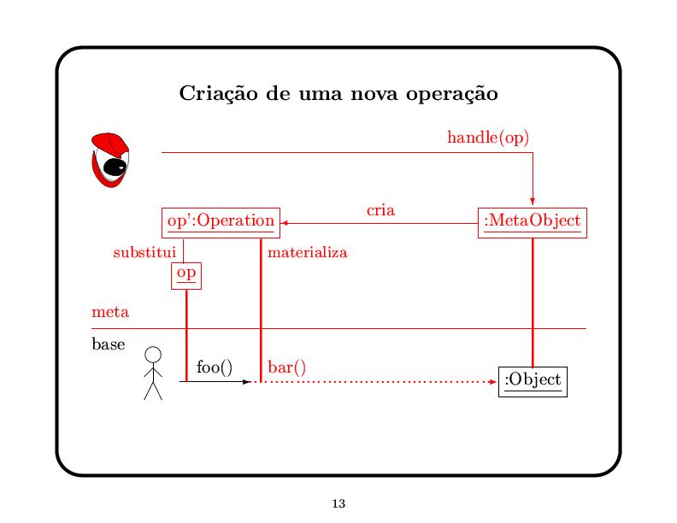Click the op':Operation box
(x=221, y=221)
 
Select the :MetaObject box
(x=532, y=221)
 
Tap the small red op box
(x=185, y=274)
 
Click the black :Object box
(x=532, y=379)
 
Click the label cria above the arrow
(x=380, y=209)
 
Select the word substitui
(x=144, y=253)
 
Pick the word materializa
(x=307, y=253)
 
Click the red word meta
(x=110, y=312)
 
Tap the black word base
(x=108, y=344)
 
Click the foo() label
(x=214, y=367)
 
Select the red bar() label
(x=287, y=367)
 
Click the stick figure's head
(x=153, y=355)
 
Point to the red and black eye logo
(x=110, y=159)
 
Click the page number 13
(x=338, y=503)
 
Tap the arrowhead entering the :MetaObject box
(x=532, y=202)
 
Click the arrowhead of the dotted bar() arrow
(x=492, y=382)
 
